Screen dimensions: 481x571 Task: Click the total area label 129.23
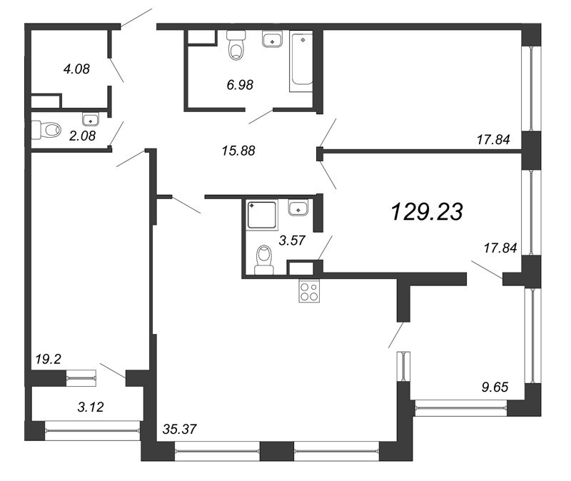(x=427, y=211)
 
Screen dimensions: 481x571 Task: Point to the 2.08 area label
(x=82, y=136)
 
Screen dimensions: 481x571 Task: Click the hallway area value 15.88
(x=236, y=151)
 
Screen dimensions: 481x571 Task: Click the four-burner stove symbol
(x=309, y=291)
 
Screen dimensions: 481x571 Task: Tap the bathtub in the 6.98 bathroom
(x=300, y=61)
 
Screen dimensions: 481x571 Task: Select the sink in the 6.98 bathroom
(x=271, y=40)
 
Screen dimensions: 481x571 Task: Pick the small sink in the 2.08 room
(x=90, y=118)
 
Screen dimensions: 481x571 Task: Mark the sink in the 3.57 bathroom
(x=298, y=208)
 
